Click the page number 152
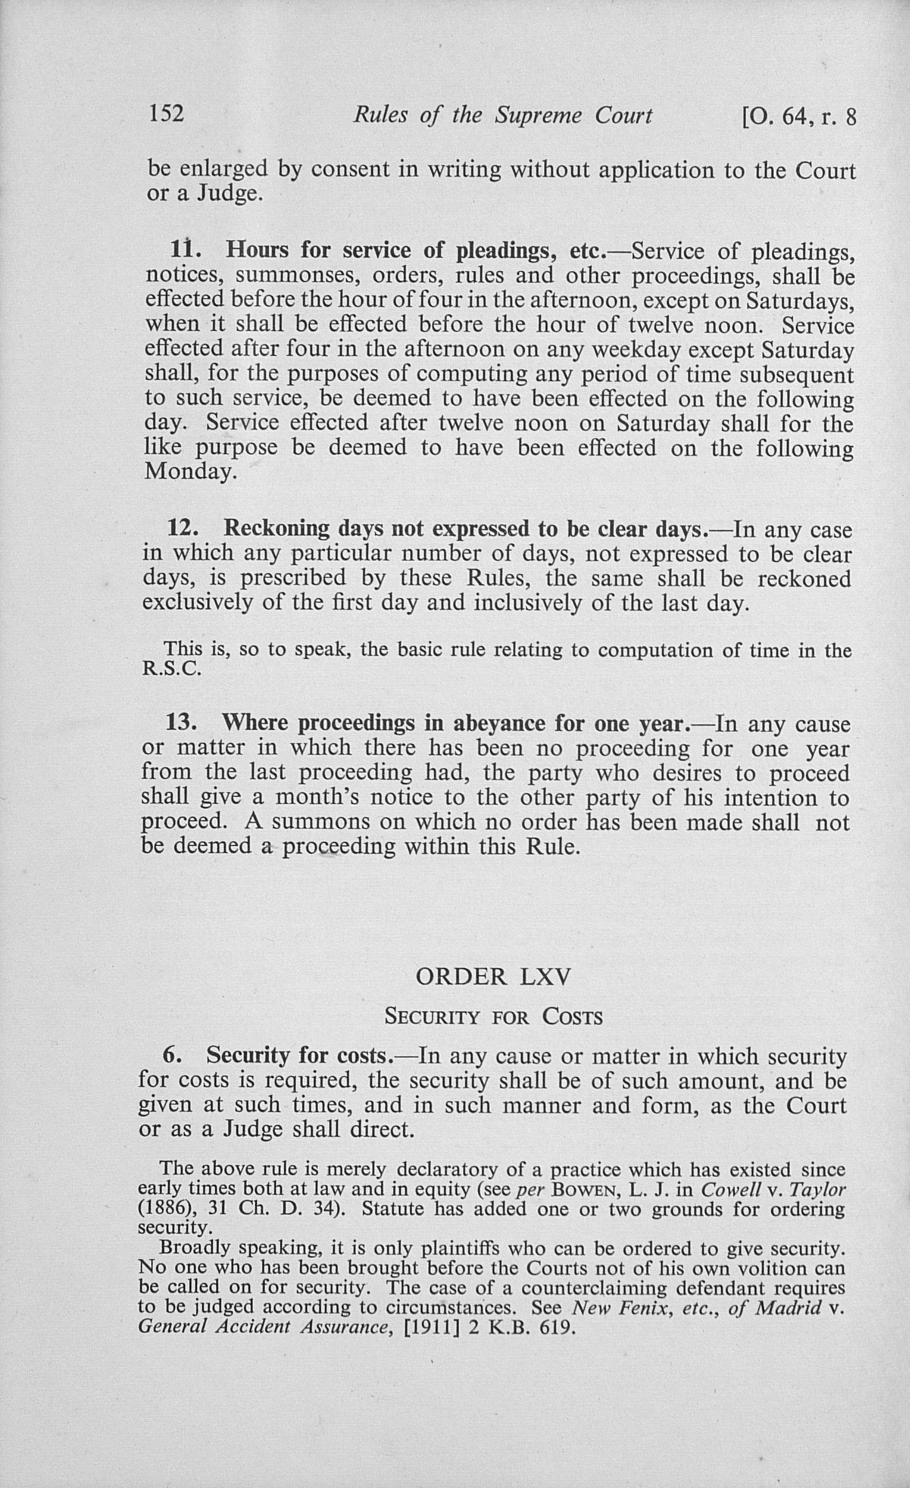(166, 113)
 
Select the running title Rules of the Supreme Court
(502, 115)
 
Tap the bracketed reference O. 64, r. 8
(800, 117)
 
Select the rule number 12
(182, 528)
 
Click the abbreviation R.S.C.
(171, 669)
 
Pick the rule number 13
(181, 723)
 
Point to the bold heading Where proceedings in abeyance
(456, 723)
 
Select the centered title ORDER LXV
(493, 977)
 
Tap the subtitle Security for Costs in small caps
(494, 1017)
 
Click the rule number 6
(172, 1056)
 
